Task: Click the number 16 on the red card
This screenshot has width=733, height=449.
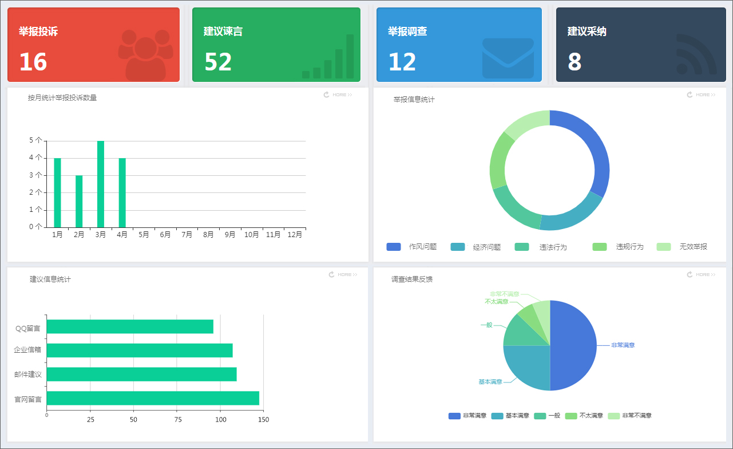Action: [33, 62]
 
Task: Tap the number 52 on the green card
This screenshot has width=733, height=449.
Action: [218, 62]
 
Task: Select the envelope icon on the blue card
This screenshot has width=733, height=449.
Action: [508, 58]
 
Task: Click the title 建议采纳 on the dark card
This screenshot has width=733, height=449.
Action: [587, 31]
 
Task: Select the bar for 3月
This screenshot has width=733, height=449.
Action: [101, 184]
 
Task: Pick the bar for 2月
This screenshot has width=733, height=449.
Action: [79, 201]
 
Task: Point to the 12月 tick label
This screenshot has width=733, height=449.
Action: [295, 234]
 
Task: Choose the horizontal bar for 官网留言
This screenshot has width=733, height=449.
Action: [153, 398]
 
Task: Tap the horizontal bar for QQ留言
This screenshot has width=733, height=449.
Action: [130, 326]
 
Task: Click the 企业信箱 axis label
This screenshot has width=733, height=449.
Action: [27, 349]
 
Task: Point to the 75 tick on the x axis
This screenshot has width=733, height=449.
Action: [177, 420]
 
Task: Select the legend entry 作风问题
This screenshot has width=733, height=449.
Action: [412, 247]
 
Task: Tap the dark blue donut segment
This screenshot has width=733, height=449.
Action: [589, 149]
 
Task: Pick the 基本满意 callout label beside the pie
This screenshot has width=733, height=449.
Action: [490, 382]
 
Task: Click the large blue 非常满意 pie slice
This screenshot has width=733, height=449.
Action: [572, 344]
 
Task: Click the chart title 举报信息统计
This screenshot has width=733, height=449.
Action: [414, 100]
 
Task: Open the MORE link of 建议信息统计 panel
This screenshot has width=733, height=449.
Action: [343, 275]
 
